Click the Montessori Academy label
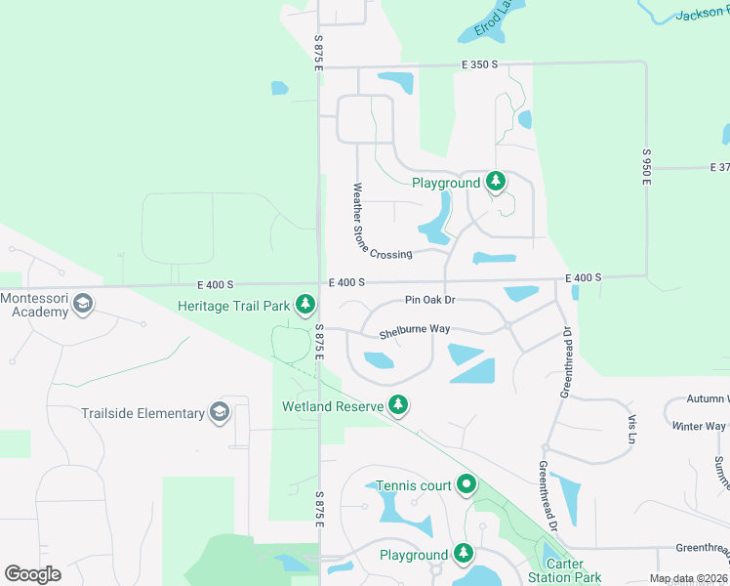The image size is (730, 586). (35, 305)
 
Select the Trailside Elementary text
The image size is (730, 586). (143, 413)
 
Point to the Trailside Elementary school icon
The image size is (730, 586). (219, 413)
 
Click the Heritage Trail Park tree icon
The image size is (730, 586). (305, 306)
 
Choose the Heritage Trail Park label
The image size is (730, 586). (233, 306)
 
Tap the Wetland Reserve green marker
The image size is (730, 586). (397, 405)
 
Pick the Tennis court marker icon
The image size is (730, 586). (467, 484)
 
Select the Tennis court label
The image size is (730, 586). (414, 485)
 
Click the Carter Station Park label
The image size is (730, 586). (573, 570)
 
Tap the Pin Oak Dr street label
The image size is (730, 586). (430, 301)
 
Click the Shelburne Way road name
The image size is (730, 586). (415, 331)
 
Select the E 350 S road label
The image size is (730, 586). (479, 64)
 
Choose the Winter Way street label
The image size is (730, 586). (700, 426)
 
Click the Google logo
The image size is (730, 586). (33, 573)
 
